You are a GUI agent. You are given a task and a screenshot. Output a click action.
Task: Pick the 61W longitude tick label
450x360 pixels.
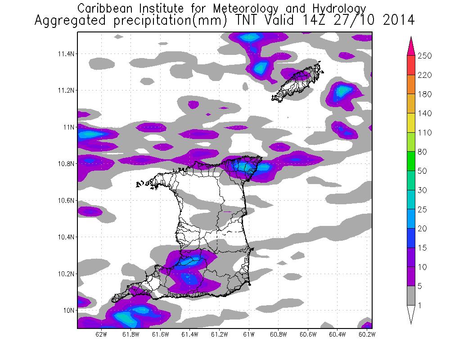point(249,334)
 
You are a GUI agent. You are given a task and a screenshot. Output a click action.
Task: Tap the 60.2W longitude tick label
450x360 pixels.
point(366,334)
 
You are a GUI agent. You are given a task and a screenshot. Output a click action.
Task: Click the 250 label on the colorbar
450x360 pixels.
point(425,56)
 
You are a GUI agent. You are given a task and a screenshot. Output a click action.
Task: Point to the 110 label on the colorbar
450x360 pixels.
point(425,133)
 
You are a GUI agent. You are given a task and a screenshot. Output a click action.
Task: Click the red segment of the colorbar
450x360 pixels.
point(410,65)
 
